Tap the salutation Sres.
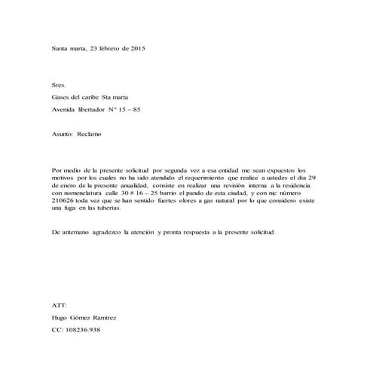(x=58, y=86)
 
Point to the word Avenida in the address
(x=64, y=111)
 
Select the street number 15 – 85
(x=128, y=111)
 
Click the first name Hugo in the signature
(x=59, y=318)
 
